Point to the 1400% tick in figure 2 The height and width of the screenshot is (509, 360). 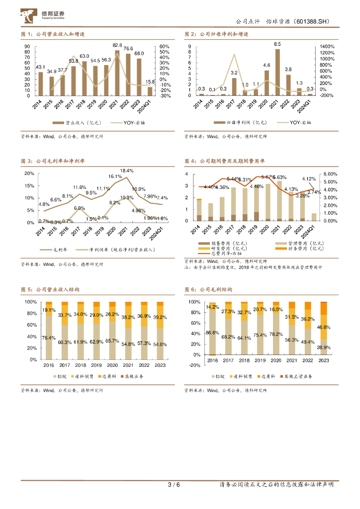(x=327, y=46)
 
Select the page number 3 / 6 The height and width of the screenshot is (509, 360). (x=174, y=485)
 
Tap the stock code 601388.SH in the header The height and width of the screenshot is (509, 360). (x=312, y=22)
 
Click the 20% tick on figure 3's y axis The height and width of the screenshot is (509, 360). (x=29, y=173)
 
